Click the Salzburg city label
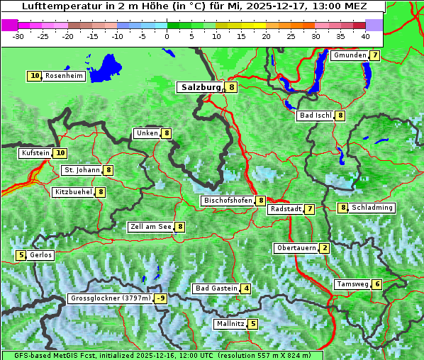tap(201, 87)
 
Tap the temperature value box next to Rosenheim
tap(35, 76)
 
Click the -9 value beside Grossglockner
tap(161, 298)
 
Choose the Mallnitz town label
tap(230, 324)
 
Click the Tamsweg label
tap(352, 284)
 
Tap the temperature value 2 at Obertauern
tap(324, 248)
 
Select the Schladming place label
tap(372, 208)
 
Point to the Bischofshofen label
tap(228, 201)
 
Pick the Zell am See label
tap(151, 227)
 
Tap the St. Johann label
tap(82, 170)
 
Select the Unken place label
tap(147, 133)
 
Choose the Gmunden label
tap(350, 55)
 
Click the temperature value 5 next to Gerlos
tap(21, 255)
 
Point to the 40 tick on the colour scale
tap(364, 35)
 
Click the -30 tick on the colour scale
tap(18, 35)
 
